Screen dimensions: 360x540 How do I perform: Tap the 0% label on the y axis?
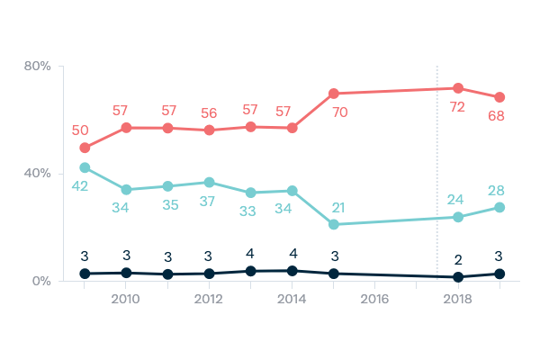40,281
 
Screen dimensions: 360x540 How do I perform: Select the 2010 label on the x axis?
126,299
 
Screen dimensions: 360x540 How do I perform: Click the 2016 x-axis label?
374,299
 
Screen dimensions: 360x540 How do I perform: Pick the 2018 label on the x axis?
457,299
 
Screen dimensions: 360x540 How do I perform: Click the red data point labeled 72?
458,88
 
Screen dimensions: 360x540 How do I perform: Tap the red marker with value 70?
334,94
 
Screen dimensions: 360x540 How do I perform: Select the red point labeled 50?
85,148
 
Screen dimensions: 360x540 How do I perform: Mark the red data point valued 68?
499,97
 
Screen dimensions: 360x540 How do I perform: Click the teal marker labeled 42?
85,167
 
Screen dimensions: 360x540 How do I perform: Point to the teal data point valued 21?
334,224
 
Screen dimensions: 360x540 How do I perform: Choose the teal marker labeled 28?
499,207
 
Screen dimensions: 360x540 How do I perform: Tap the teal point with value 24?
458,217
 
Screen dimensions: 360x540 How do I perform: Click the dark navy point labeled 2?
458,277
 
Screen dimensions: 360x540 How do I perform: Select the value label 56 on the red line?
209,113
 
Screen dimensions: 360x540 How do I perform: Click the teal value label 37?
209,201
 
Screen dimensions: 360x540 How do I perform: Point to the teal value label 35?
167,204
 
